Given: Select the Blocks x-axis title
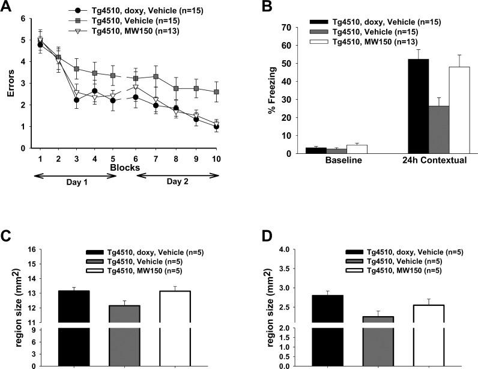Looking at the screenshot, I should click(127, 168).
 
